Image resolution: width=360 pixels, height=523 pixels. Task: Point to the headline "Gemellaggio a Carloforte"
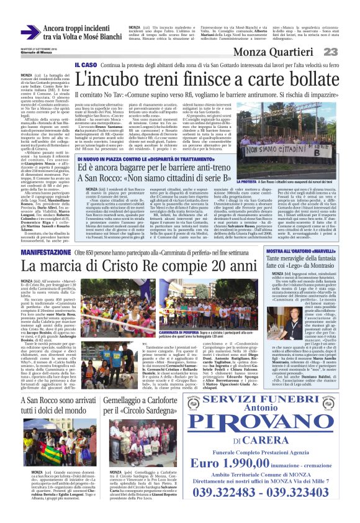click(x=161, y=393)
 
